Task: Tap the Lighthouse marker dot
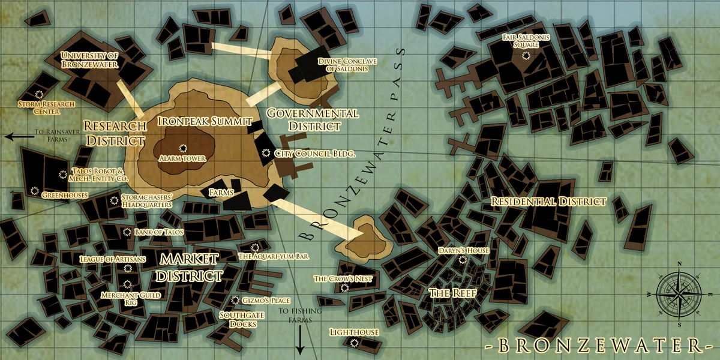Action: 354,343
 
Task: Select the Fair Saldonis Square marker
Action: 526,55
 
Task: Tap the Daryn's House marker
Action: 463,260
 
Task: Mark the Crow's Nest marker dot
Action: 344,288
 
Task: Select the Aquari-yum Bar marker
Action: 255,247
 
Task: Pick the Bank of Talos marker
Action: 127,232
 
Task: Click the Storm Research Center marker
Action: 40,94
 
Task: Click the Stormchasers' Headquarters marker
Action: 114,200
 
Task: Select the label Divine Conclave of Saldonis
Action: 343,64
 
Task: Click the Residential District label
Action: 548,202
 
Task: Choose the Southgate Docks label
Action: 238,319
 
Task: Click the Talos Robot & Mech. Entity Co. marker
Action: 63,175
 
